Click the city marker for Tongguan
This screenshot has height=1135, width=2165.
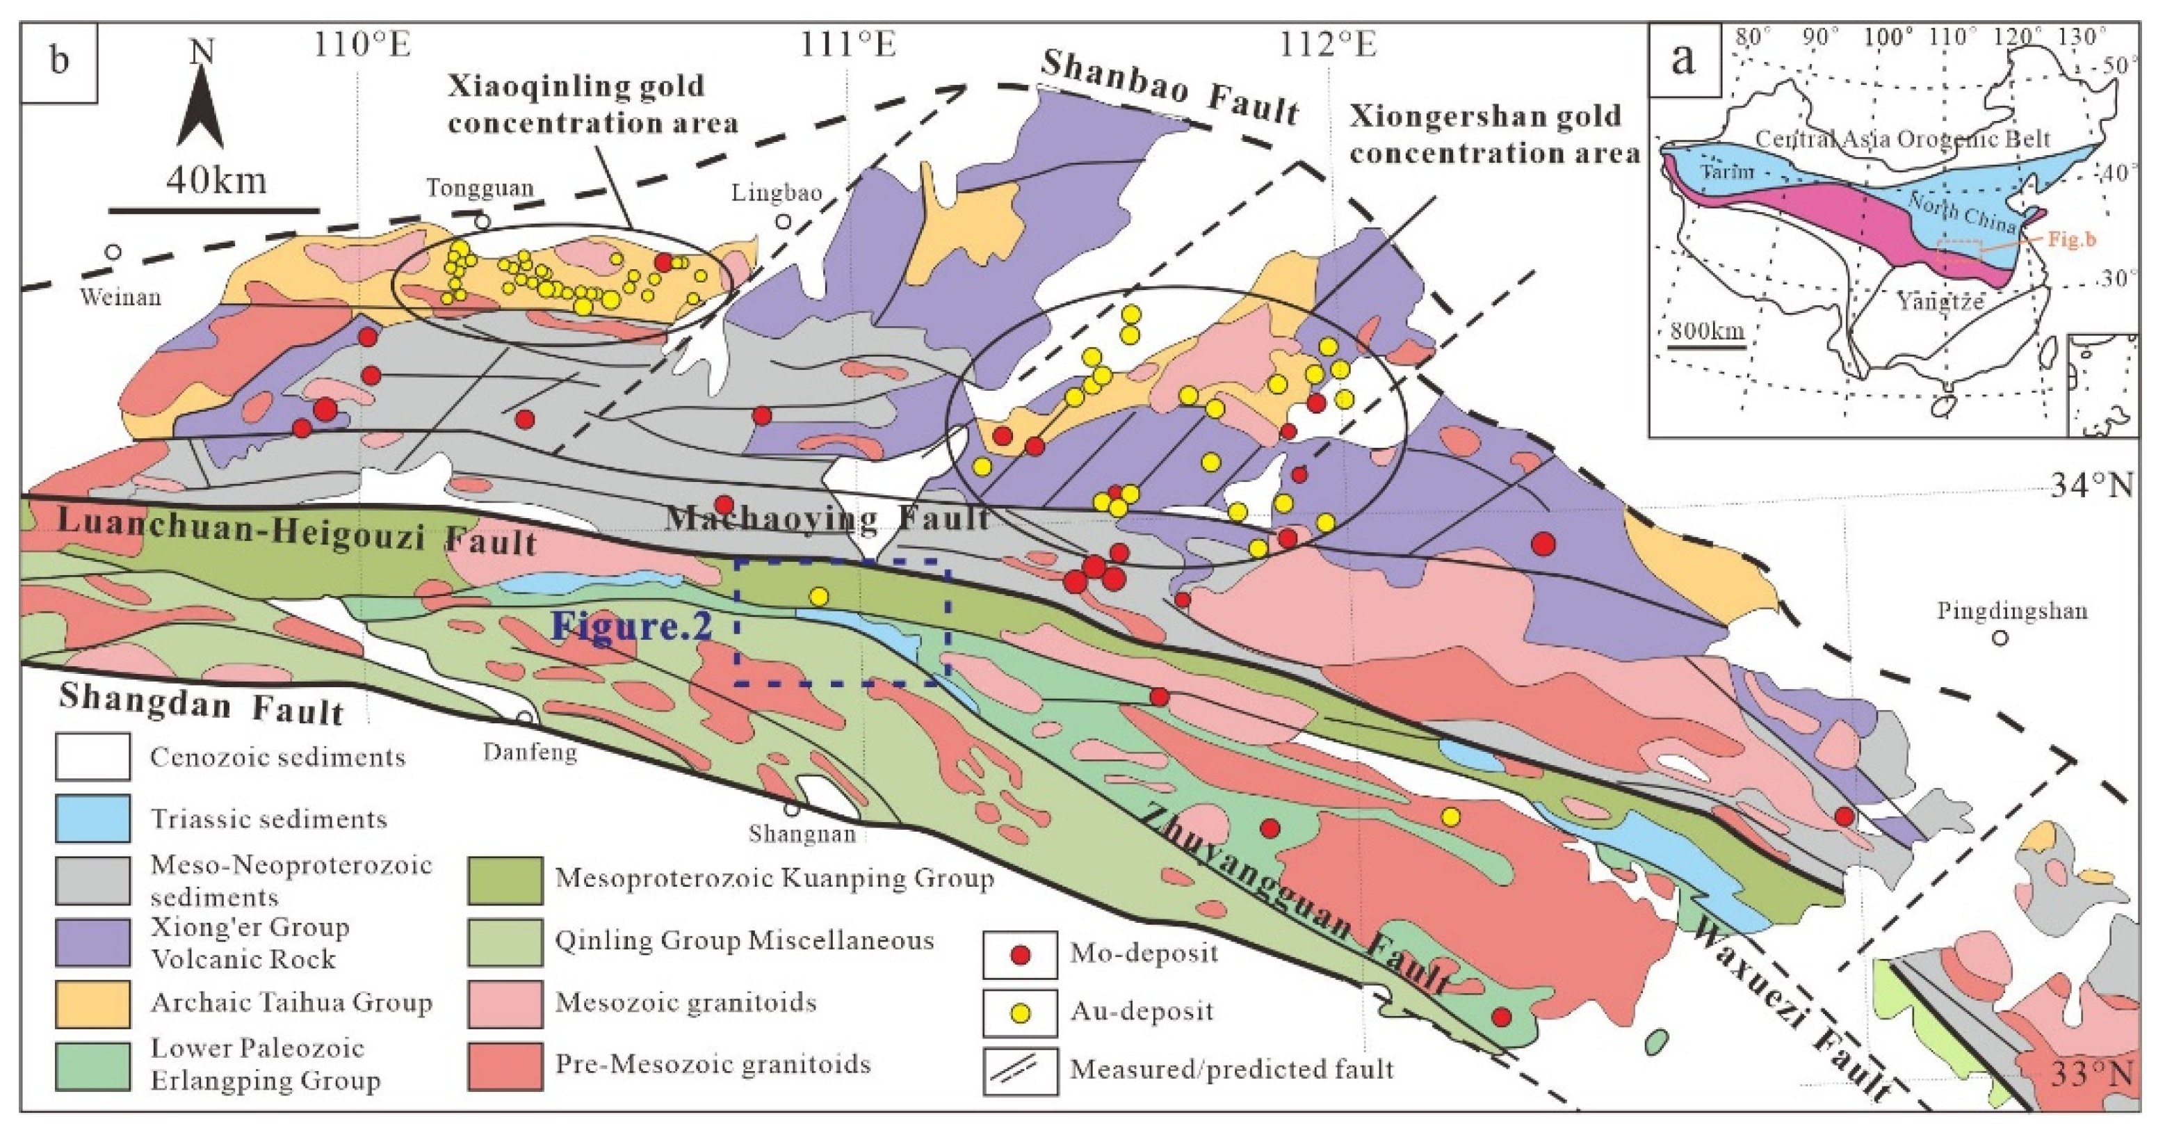point(483,222)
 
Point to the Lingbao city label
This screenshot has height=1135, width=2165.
point(776,193)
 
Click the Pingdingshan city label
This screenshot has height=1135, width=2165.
point(2012,611)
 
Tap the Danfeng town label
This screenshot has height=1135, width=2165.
point(530,751)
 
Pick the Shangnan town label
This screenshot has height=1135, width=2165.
point(802,834)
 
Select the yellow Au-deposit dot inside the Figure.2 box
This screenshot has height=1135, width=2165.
point(818,597)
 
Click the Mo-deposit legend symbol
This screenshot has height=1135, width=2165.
point(1021,955)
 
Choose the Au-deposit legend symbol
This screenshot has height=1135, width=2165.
point(1021,1013)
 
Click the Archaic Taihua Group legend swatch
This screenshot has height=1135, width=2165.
point(92,1004)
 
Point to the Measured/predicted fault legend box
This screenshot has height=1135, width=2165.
point(1021,1071)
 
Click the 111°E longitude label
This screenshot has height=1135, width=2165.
point(848,44)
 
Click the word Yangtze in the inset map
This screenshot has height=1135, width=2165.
point(1939,301)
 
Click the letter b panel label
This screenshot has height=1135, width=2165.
point(59,61)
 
